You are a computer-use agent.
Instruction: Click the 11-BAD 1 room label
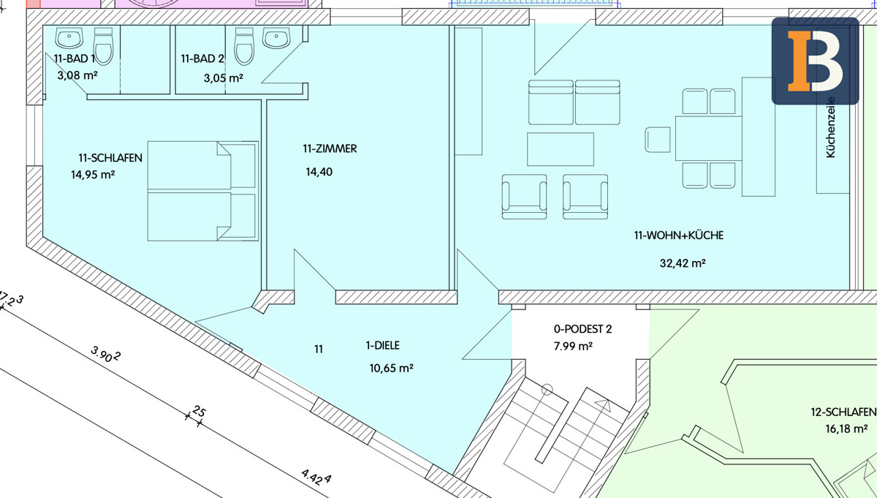point(74,59)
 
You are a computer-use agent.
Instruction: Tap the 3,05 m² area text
point(223,78)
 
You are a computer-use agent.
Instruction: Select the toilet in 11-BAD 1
point(103,46)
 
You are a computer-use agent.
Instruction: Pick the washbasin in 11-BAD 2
point(276,38)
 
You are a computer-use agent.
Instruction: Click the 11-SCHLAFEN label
point(110,158)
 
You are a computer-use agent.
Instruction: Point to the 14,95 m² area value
point(93,174)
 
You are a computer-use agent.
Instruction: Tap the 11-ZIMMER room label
point(330,149)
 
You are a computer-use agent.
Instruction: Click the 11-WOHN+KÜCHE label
point(679,235)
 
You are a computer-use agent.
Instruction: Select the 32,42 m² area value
point(683,263)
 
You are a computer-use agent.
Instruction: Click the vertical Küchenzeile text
point(830,128)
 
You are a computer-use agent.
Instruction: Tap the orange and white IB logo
point(815,61)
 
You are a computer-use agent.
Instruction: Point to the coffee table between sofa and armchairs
point(561,149)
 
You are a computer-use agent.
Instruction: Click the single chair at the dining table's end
point(658,140)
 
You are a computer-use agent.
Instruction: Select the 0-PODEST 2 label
point(582,329)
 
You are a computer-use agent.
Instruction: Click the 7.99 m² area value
point(573,347)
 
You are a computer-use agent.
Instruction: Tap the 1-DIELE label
point(382,346)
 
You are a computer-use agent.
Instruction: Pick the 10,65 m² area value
point(392,369)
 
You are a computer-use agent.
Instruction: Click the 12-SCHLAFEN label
point(843,412)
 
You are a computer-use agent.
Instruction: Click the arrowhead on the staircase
point(603,404)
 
